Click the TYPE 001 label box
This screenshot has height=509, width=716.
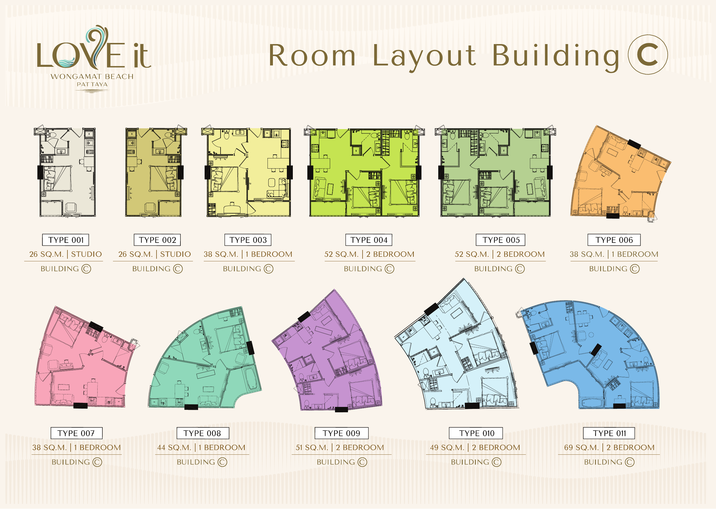65,240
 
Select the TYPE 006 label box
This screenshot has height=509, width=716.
614,240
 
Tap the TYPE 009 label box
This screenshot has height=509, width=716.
341,433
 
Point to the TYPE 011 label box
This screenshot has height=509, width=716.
609,433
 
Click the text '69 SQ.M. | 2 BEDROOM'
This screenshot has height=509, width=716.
609,448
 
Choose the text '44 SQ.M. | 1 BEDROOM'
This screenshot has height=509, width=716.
201,448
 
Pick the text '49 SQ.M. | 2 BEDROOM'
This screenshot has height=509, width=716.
475,448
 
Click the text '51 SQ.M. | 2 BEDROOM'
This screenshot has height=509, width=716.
340,448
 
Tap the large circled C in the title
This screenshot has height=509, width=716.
647,55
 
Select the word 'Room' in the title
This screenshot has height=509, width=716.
312,56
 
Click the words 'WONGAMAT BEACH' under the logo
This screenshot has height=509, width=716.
92,76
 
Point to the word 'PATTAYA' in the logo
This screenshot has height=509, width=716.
92,84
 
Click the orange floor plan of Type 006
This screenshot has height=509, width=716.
620,175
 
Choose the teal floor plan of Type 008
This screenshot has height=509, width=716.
204,361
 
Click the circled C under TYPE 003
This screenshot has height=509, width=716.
268,269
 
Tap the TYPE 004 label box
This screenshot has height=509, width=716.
369,240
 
